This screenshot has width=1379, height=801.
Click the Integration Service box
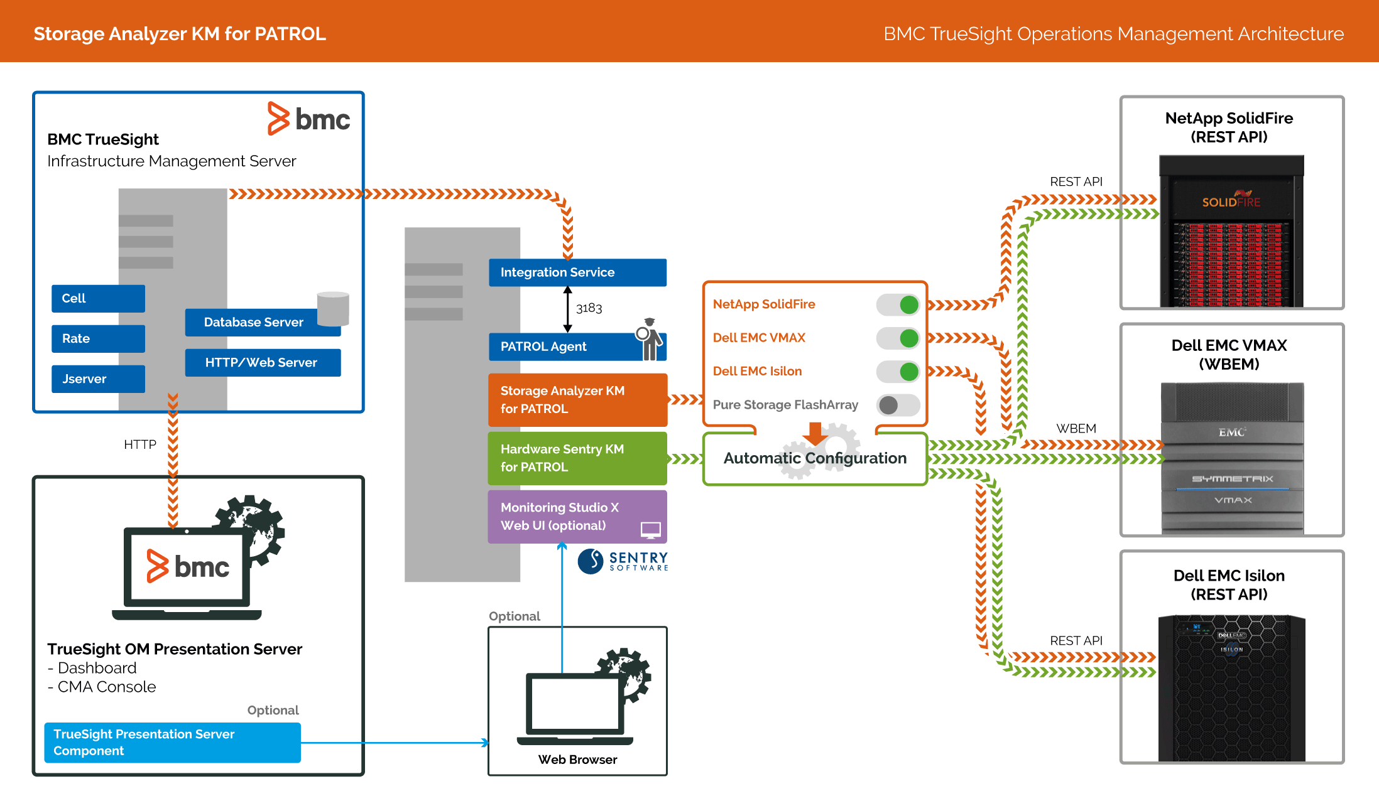(577, 272)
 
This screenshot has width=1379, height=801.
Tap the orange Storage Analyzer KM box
(577, 400)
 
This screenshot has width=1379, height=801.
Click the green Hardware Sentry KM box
(577, 458)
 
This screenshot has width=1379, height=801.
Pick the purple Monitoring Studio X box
(577, 517)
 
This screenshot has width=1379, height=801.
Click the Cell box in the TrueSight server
(98, 298)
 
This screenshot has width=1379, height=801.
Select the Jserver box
(98, 379)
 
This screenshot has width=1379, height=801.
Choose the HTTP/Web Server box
(263, 362)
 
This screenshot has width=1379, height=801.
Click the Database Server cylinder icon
(333, 308)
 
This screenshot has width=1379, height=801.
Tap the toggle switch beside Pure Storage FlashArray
(898, 405)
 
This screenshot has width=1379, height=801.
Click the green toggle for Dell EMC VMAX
(898, 338)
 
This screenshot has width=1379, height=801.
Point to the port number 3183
(589, 308)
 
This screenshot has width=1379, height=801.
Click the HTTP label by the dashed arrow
(139, 444)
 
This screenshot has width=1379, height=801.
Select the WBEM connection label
(1076, 428)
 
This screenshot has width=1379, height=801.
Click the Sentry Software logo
(623, 561)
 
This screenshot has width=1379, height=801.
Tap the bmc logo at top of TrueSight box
(308, 119)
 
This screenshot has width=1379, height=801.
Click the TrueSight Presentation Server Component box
(172, 743)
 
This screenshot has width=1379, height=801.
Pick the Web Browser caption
(577, 760)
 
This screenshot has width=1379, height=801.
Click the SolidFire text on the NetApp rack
(1231, 202)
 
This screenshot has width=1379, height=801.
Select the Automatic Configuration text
(814, 458)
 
